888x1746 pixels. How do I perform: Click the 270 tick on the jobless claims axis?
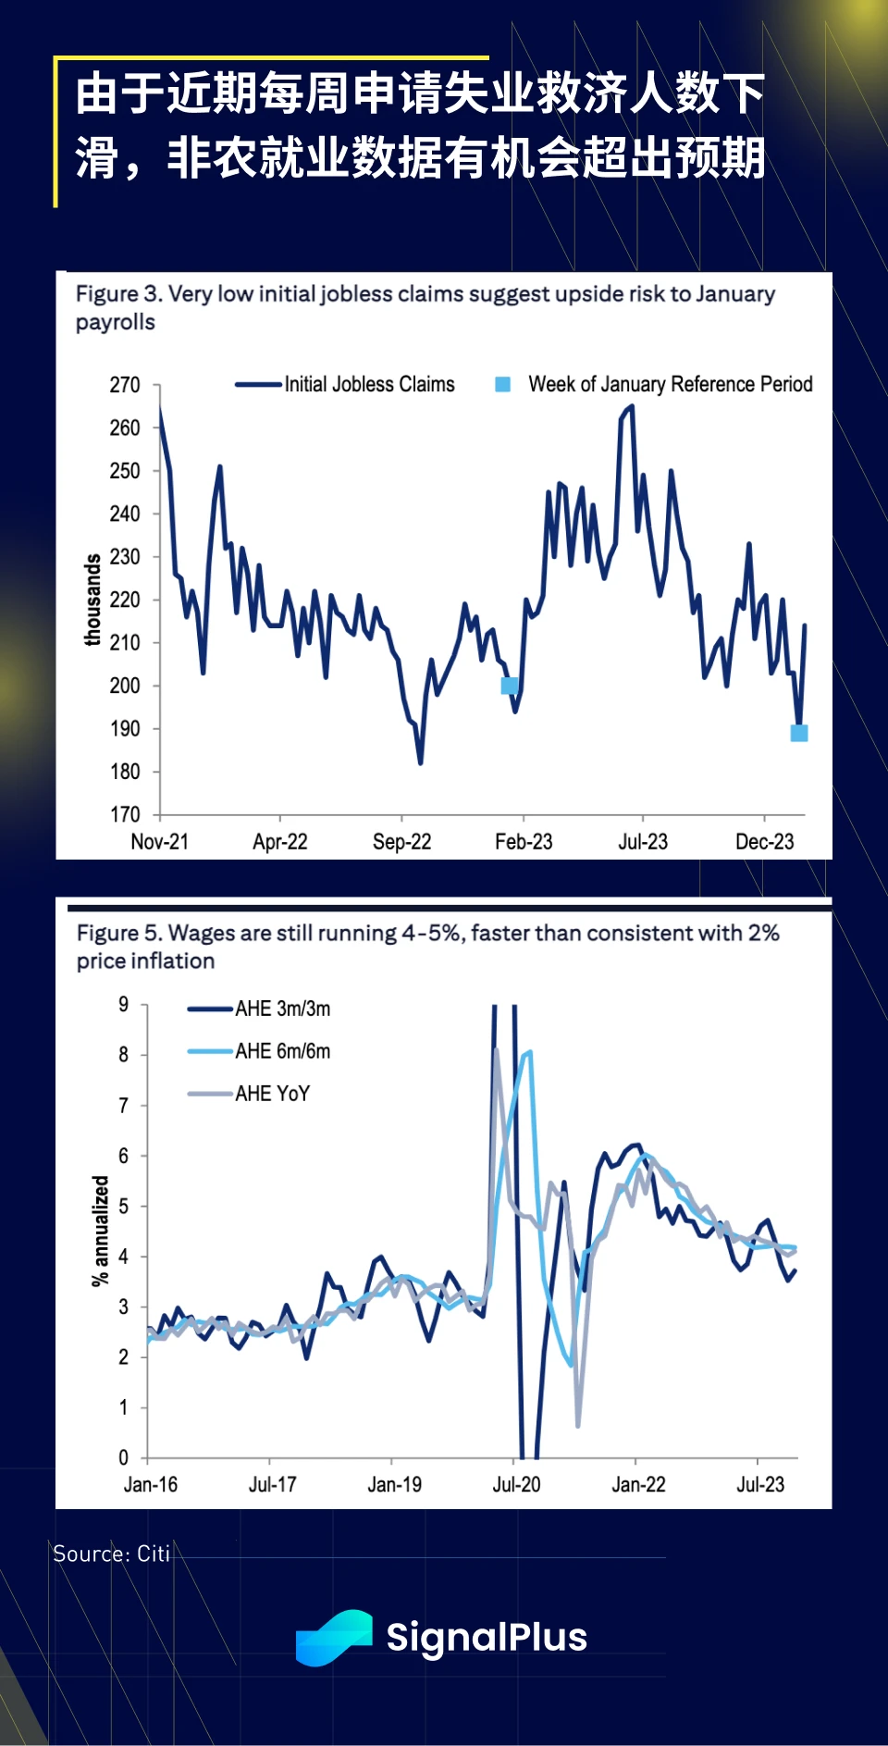tap(125, 385)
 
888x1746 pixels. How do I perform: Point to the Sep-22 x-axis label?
tap(401, 841)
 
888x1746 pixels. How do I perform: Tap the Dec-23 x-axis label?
tap(764, 841)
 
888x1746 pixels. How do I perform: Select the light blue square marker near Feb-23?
tap(510, 686)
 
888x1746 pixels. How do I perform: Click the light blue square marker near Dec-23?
tap(799, 733)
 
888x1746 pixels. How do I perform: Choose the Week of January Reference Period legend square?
tap(503, 384)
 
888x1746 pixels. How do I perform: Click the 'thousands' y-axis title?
tap(92, 600)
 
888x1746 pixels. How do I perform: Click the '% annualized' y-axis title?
tap(100, 1231)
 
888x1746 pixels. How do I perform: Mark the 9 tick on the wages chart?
tap(123, 1005)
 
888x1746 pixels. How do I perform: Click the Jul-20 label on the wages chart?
tap(516, 1484)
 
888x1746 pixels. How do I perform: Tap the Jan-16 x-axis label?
tap(151, 1484)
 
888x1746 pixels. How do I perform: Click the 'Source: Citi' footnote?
tap(111, 1554)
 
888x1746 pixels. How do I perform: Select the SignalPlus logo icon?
tap(334, 1637)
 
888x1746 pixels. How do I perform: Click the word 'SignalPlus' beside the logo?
tap(487, 1637)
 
